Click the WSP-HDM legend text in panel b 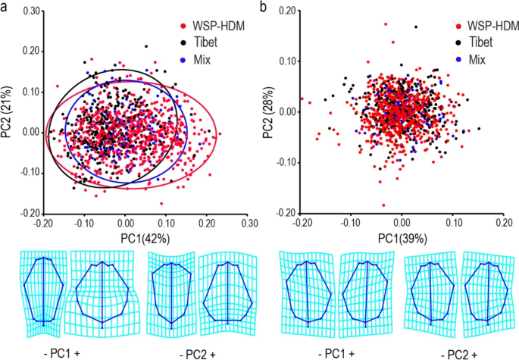point(492,26)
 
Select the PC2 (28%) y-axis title point(268,111)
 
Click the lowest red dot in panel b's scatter point(383,205)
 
